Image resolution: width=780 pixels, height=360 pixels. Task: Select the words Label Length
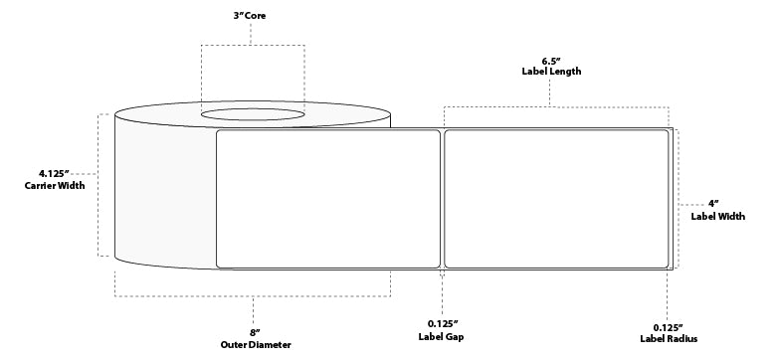[x=551, y=72]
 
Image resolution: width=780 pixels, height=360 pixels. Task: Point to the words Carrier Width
[x=55, y=186]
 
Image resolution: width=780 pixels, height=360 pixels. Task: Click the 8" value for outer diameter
[x=254, y=331]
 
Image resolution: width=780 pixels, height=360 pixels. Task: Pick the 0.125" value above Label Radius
[x=668, y=327]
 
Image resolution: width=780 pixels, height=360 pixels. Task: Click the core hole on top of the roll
[x=254, y=116]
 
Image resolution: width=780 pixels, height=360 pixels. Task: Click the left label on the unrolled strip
[x=328, y=198]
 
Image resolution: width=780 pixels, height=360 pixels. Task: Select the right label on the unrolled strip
[x=555, y=198]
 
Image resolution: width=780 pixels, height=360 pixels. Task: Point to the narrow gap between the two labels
[x=442, y=198]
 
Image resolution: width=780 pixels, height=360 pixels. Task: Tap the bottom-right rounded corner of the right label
[x=666, y=264]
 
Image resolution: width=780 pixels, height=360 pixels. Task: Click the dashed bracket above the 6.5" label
[x=551, y=106]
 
